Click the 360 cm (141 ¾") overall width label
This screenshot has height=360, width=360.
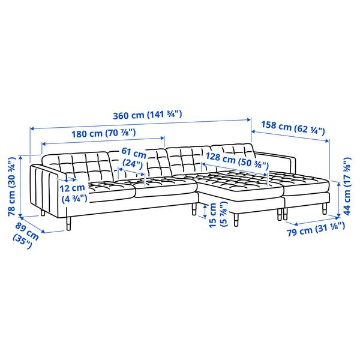(148, 115)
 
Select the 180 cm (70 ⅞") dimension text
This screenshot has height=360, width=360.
(104, 133)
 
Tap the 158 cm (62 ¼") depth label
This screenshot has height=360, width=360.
(293, 128)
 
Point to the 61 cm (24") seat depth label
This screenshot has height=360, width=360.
(134, 157)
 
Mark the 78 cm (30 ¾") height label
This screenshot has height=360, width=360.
(12, 186)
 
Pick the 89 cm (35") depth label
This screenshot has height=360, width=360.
(25, 235)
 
